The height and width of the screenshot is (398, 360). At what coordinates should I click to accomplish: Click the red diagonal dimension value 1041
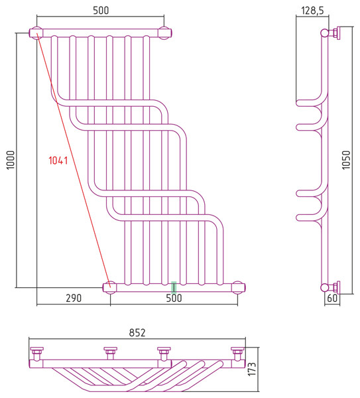point(58,161)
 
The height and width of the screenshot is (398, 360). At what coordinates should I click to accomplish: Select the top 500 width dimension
point(101,11)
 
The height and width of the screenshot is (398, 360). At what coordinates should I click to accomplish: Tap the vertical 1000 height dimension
point(11,160)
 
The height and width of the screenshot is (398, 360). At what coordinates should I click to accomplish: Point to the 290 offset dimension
point(74,298)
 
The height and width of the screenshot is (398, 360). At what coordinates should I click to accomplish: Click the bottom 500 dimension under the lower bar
point(174,298)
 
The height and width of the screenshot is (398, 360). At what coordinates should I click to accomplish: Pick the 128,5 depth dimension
point(312,11)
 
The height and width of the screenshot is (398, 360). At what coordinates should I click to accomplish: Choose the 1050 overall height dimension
point(346,160)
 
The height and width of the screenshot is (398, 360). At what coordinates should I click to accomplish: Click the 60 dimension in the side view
point(332,298)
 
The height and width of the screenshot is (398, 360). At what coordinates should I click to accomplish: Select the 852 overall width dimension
point(137,333)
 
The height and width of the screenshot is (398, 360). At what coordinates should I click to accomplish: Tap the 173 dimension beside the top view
point(252,369)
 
